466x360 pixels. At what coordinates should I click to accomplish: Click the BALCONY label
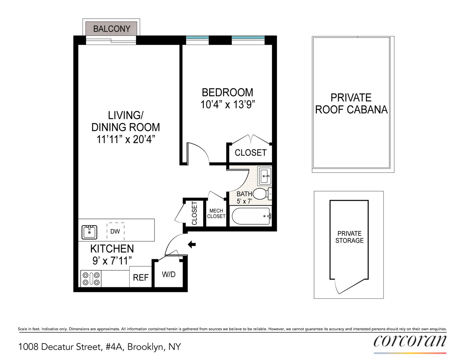point(112,29)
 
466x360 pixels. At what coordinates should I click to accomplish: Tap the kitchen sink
point(89,232)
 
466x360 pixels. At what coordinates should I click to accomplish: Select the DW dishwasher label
point(115,231)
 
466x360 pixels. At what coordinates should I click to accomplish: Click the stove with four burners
point(91,279)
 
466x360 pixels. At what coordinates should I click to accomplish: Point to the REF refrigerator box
point(140,277)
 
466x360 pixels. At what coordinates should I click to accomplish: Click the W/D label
point(169,274)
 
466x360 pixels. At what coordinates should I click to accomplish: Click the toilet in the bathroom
point(261,194)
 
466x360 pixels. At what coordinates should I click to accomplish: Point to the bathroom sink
point(265,176)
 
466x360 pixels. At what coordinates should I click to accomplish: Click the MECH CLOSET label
point(216,213)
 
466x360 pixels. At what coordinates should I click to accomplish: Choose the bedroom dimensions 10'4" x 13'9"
point(228,104)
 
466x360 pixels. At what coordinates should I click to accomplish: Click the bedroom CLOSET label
point(251,153)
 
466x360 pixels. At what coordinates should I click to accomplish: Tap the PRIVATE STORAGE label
point(349,237)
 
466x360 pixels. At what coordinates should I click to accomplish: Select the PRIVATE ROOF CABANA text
point(351,103)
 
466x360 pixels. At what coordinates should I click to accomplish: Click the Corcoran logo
point(410,341)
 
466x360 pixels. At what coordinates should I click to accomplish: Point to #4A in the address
point(115,347)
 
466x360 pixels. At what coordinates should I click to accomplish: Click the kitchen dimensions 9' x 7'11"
point(112,261)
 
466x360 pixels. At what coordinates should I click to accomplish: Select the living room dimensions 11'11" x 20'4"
point(126,139)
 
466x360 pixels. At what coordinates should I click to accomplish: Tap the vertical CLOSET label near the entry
point(194,213)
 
